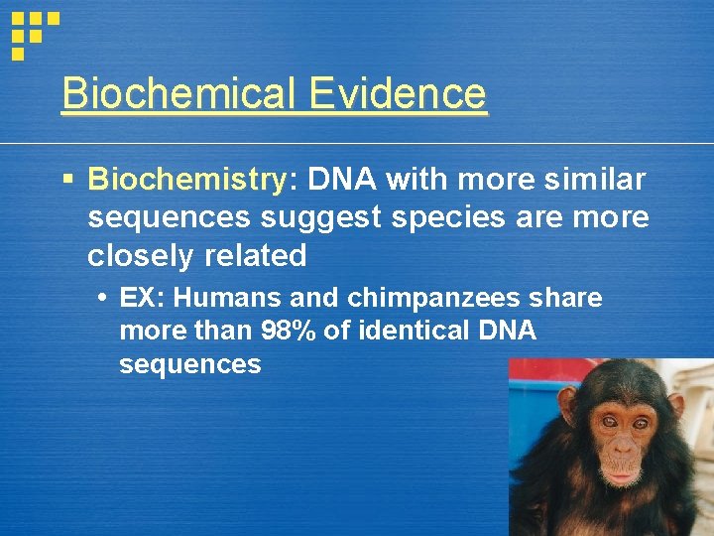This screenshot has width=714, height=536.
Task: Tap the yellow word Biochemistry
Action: tap(186, 180)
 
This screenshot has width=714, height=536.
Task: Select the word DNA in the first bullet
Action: tap(341, 179)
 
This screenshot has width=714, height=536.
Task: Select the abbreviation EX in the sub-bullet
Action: tap(136, 299)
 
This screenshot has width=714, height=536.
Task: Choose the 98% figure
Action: tap(289, 332)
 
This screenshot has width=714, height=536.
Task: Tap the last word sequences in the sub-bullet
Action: tap(189, 364)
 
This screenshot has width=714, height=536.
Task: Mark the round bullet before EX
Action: tap(103, 299)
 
